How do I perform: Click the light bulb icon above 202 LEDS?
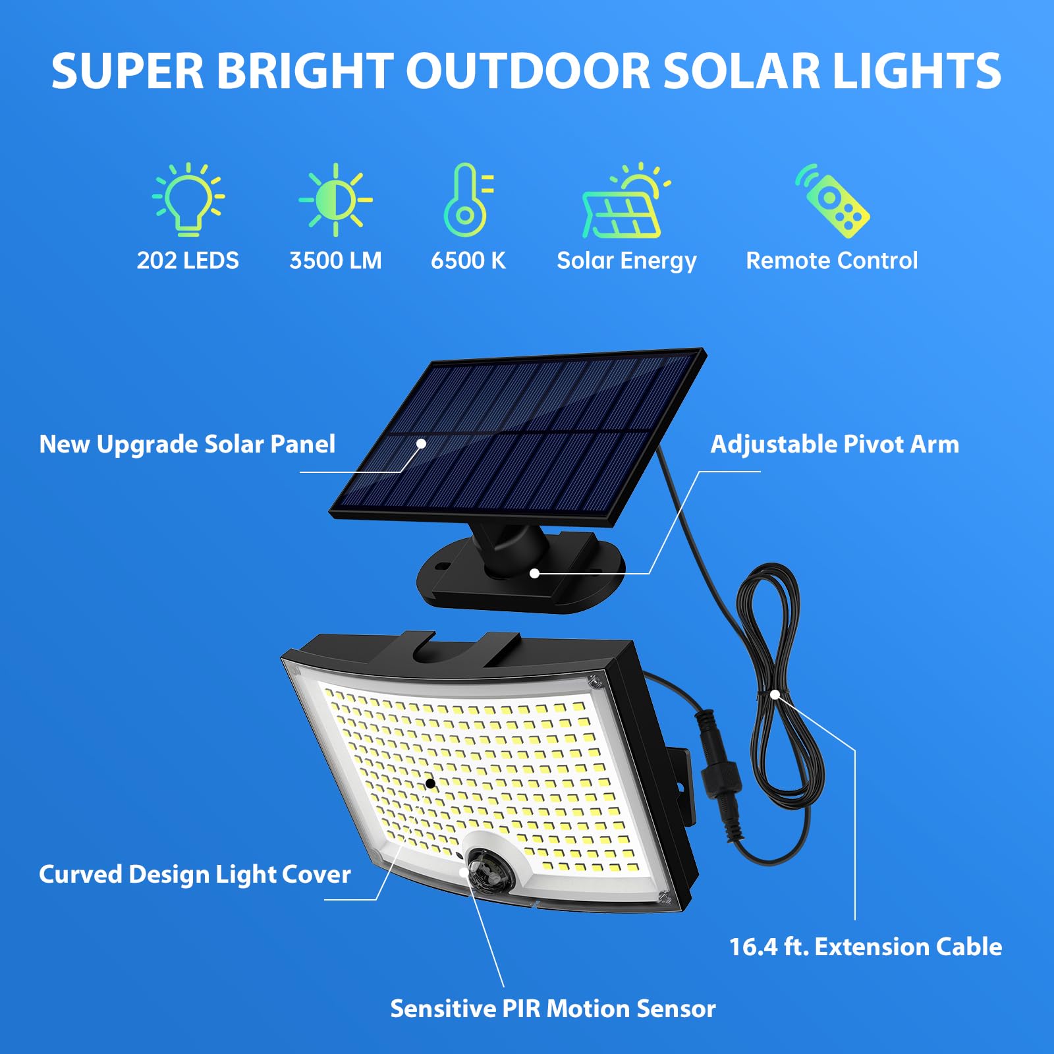pyautogui.click(x=188, y=199)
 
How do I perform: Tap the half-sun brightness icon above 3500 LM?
pyautogui.click(x=335, y=200)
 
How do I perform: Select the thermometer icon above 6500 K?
pyautogui.click(x=467, y=200)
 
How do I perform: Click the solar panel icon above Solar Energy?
pyautogui.click(x=624, y=202)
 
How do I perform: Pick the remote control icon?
pyautogui.click(x=833, y=201)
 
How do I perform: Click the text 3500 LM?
pyautogui.click(x=335, y=260)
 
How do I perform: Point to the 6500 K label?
pyautogui.click(x=468, y=260)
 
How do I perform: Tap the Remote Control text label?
pyautogui.click(x=831, y=260)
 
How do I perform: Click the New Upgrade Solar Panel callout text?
pyautogui.click(x=187, y=444)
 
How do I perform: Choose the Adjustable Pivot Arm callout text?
pyautogui.click(x=835, y=444)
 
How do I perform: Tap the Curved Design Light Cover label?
pyautogui.click(x=194, y=874)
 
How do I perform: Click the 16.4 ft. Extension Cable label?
pyautogui.click(x=865, y=947)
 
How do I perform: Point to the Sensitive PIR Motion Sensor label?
pyautogui.click(x=553, y=1009)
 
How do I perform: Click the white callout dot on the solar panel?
pyautogui.click(x=421, y=444)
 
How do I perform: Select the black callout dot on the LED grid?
pyautogui.click(x=430, y=783)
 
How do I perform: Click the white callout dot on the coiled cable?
pyautogui.click(x=775, y=694)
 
